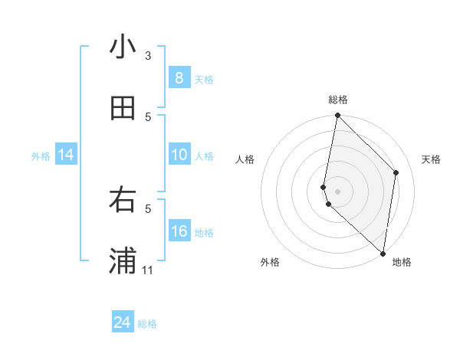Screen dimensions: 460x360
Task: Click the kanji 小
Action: click(123, 47)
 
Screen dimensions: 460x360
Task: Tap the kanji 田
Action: click(123, 108)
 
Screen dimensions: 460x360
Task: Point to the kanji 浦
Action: click(123, 260)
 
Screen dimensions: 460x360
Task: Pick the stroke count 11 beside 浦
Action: click(148, 270)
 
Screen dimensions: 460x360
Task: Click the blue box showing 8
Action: click(179, 78)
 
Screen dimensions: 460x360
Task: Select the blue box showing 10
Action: click(179, 155)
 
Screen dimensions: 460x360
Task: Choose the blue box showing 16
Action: click(179, 231)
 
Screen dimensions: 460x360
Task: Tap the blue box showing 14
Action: click(66, 155)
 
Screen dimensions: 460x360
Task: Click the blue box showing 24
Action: click(122, 322)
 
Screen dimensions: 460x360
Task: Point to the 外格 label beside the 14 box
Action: click(41, 155)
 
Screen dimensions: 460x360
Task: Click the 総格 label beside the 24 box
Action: click(147, 324)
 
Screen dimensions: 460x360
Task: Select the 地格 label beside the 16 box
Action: click(204, 232)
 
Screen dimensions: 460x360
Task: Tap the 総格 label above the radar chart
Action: click(338, 100)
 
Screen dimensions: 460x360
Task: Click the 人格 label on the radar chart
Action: click(245, 159)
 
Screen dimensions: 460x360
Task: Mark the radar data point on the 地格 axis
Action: click(383, 254)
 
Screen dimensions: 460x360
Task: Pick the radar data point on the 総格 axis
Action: click(337, 116)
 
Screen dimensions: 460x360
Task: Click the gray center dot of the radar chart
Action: click(337, 191)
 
